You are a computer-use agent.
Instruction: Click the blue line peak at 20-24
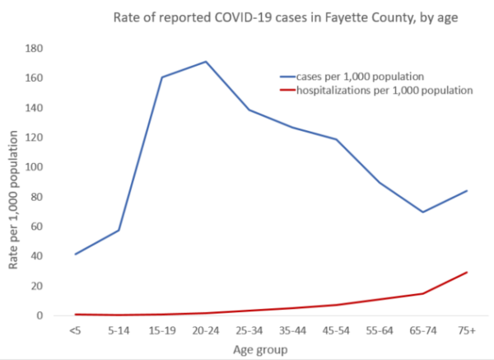click(x=205, y=62)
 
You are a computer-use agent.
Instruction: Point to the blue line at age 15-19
click(x=161, y=77)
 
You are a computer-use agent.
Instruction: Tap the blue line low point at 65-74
click(x=422, y=212)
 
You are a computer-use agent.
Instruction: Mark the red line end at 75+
click(x=466, y=272)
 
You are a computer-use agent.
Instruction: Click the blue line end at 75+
click(x=466, y=191)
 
